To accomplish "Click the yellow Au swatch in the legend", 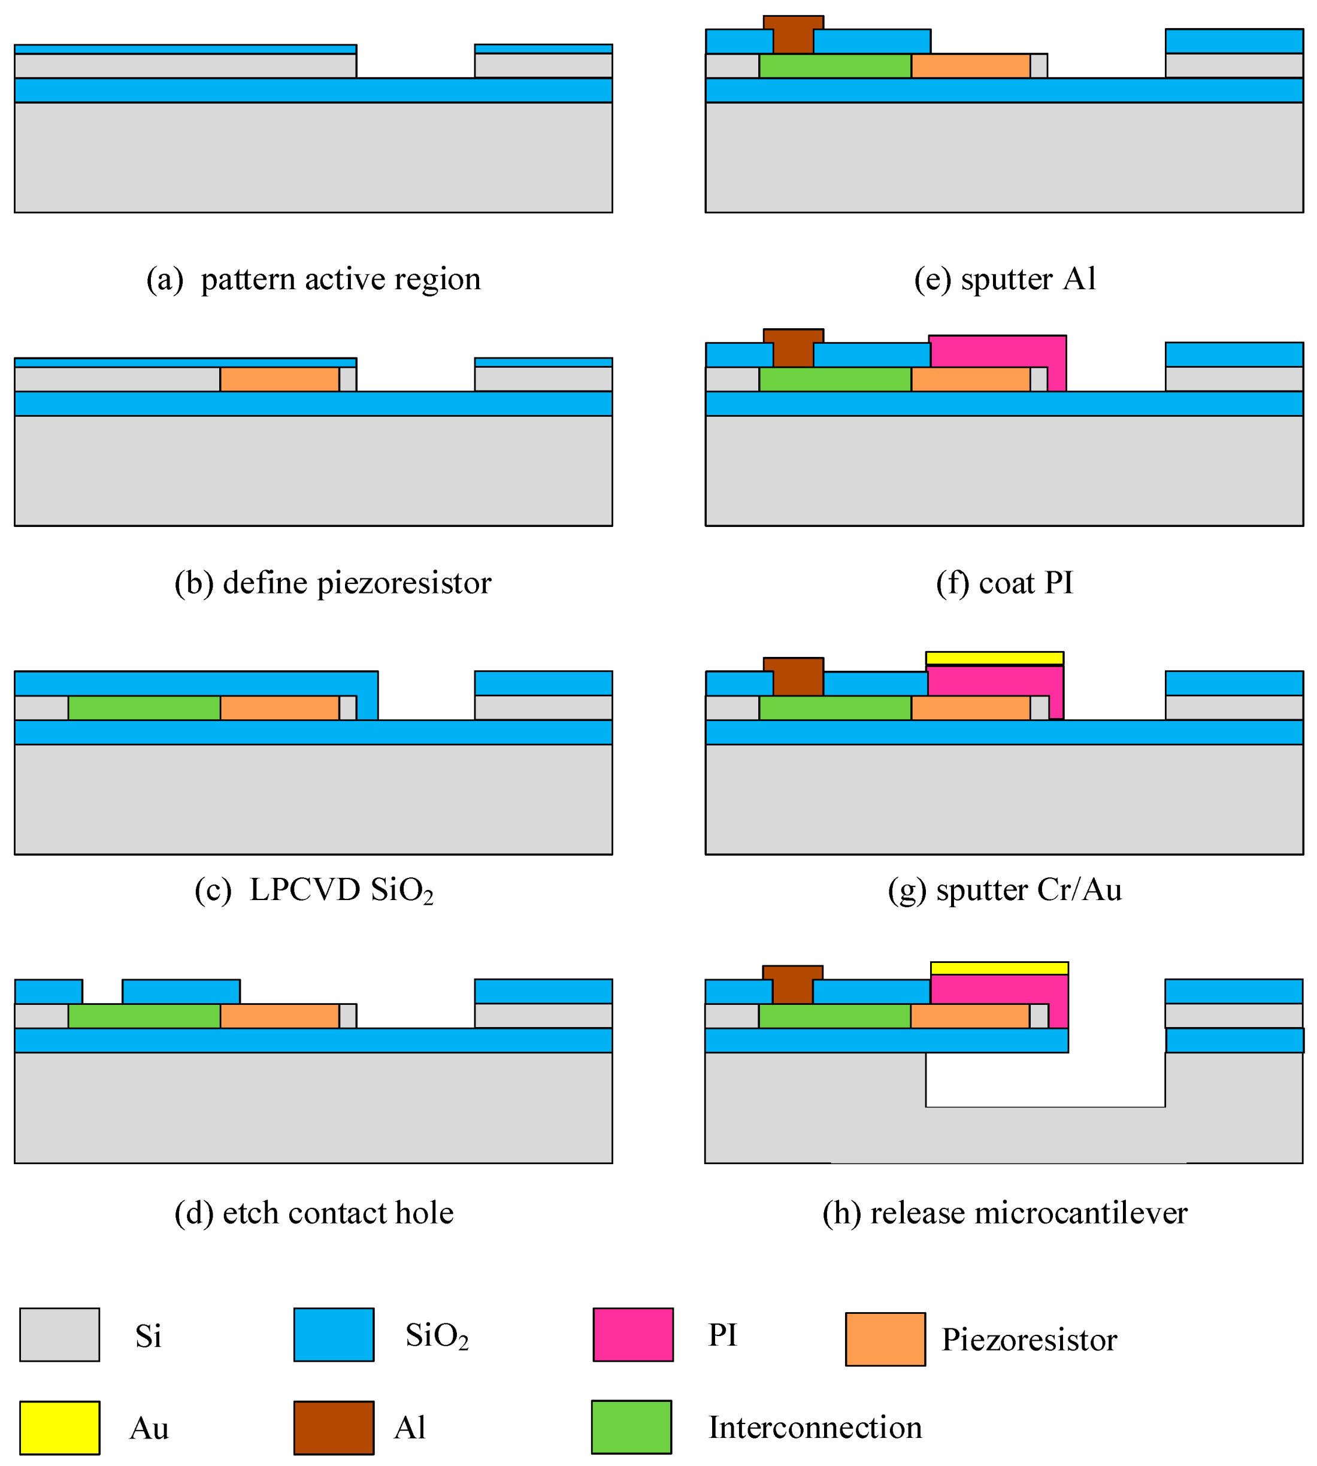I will [x=59, y=1428].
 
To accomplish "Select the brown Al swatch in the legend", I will [x=334, y=1428].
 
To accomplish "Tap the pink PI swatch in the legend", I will [x=632, y=1334].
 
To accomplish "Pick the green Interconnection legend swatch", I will [x=631, y=1427].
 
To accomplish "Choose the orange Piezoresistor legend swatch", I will [x=885, y=1340].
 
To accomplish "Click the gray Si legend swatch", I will [x=59, y=1334].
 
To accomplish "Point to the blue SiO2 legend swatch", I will [x=334, y=1334].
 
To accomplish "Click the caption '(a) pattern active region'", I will [x=313, y=279].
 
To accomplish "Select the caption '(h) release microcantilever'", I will [x=1004, y=1213].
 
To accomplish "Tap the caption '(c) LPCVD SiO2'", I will [x=313, y=890].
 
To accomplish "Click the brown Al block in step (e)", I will [x=793, y=35].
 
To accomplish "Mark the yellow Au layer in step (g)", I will [x=994, y=658].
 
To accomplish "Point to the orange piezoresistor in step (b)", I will [x=279, y=379].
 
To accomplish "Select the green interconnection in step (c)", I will [x=144, y=708].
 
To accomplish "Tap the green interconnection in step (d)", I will [x=144, y=1016].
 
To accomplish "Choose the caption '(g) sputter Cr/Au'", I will [x=1004, y=890].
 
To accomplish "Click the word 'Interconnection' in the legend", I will [x=815, y=1428].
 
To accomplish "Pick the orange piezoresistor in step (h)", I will [x=970, y=1016].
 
